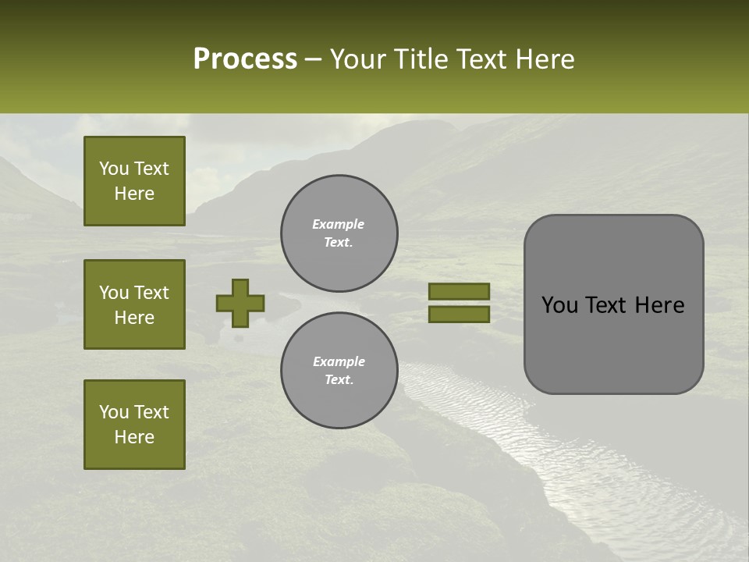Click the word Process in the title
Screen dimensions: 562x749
pyautogui.click(x=245, y=59)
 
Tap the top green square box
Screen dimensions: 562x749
pyautogui.click(x=134, y=181)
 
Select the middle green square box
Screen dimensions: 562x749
pyautogui.click(x=134, y=304)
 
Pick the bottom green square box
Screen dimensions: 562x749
pyautogui.click(x=134, y=425)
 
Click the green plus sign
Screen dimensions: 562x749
pyautogui.click(x=240, y=303)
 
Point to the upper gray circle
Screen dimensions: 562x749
pyautogui.click(x=339, y=233)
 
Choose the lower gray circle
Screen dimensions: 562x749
pyautogui.click(x=339, y=370)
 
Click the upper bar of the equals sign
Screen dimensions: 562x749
pyautogui.click(x=459, y=291)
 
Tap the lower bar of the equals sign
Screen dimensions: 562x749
pyautogui.click(x=459, y=315)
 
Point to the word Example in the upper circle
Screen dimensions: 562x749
pyautogui.click(x=338, y=224)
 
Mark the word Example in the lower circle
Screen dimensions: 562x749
pyautogui.click(x=339, y=361)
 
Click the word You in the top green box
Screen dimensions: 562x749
pyautogui.click(x=114, y=169)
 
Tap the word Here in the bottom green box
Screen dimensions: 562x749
pyautogui.click(x=134, y=437)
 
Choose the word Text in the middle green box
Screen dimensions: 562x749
pyautogui.click(x=151, y=293)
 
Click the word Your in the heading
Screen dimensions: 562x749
pyautogui.click(x=359, y=59)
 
